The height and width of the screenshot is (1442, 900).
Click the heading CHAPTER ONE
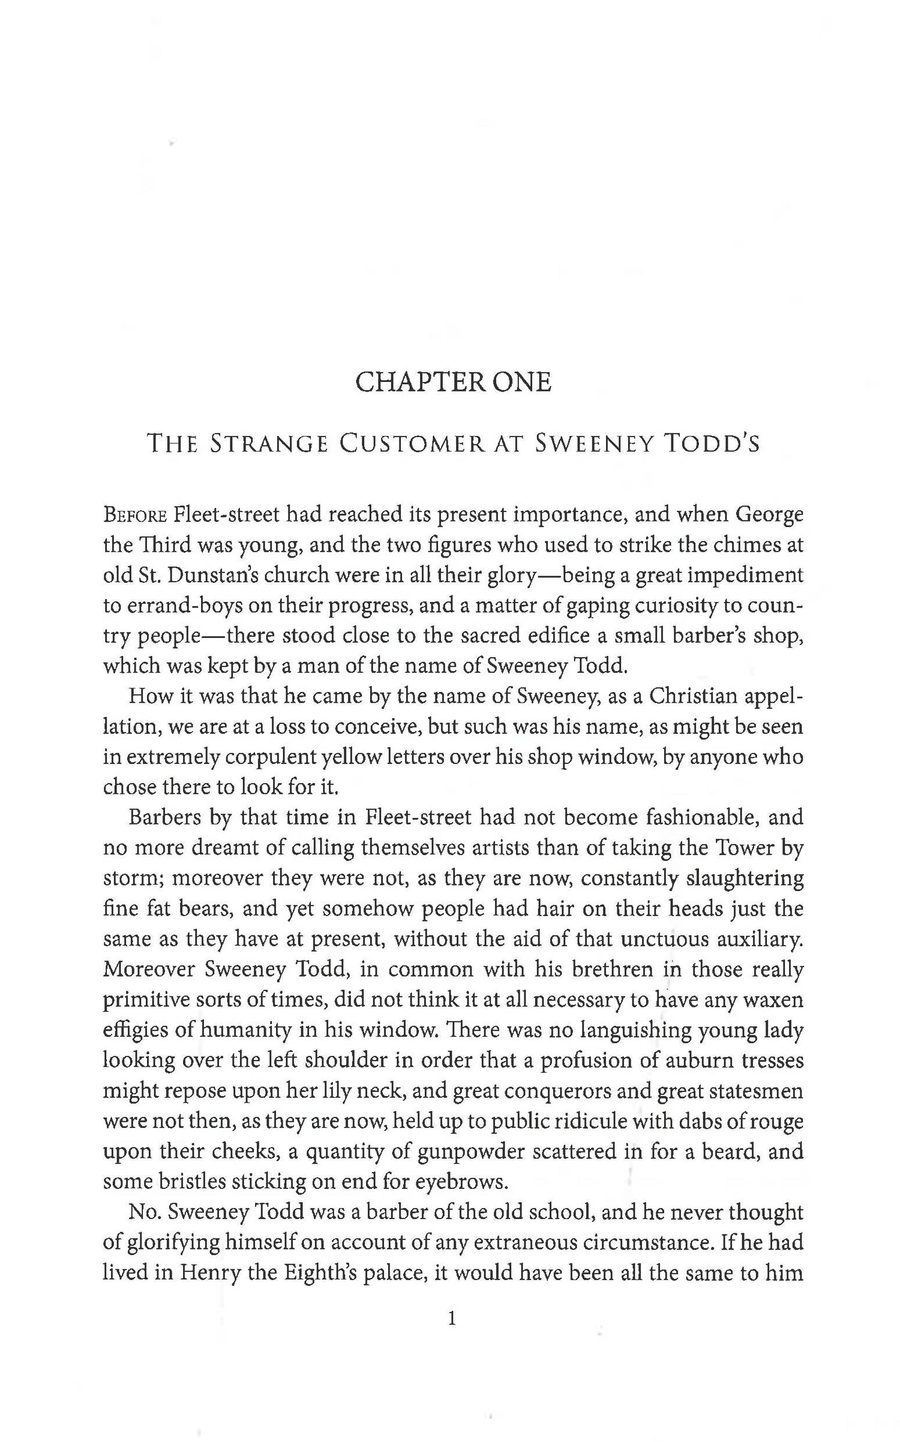point(453,382)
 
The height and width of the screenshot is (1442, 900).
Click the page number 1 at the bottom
point(452,1318)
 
